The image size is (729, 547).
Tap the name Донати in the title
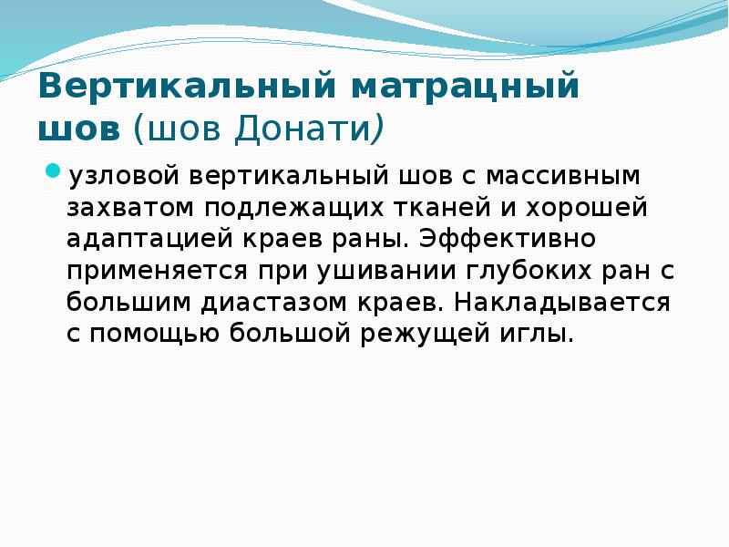point(301,129)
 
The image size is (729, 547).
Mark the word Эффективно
point(498,239)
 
